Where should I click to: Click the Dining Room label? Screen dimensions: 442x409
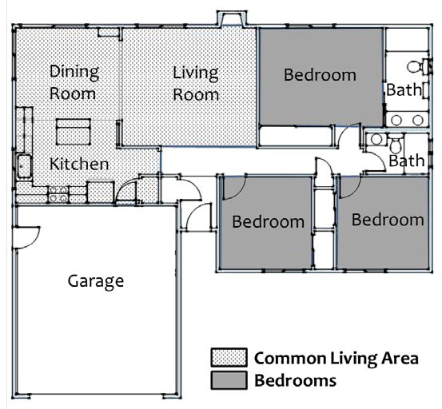[74, 82]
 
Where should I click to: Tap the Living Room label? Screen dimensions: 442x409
[196, 83]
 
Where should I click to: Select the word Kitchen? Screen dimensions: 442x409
[79, 164]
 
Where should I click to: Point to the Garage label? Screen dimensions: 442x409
[96, 281]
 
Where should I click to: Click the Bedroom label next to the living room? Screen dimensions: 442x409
[320, 75]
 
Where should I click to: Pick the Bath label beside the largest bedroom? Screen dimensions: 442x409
[404, 90]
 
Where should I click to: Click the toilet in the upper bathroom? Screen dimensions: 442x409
[416, 67]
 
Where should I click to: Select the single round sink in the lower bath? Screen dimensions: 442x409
[376, 140]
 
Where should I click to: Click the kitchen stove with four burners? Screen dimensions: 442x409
[58, 194]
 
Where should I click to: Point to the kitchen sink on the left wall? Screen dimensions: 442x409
[24, 166]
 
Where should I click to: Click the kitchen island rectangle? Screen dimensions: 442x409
[74, 132]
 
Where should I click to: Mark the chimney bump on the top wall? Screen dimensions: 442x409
[232, 18]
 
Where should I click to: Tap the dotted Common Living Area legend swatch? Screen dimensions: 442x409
[229, 357]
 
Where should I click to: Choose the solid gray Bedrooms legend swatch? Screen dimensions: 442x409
[229, 380]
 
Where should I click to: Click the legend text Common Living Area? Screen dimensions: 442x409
[336, 359]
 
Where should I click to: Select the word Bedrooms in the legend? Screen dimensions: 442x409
[295, 380]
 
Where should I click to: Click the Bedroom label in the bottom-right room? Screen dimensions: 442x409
[388, 220]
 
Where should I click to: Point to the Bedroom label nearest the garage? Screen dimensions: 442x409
[268, 222]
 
